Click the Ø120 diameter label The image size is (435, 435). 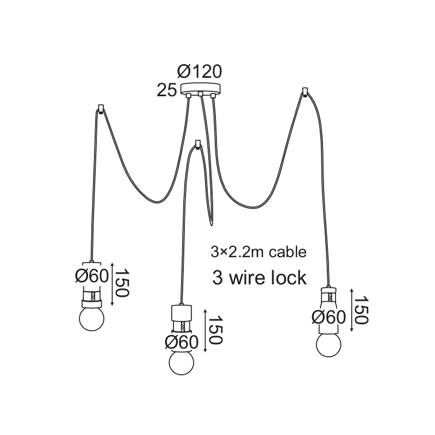(200, 72)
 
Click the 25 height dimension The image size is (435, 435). (166, 90)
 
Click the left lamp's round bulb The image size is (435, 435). (92, 318)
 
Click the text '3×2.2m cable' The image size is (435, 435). (258, 252)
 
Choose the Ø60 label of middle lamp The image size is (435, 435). (182, 342)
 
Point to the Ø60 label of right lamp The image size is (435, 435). (329, 316)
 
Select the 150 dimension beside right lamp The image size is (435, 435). (361, 311)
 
